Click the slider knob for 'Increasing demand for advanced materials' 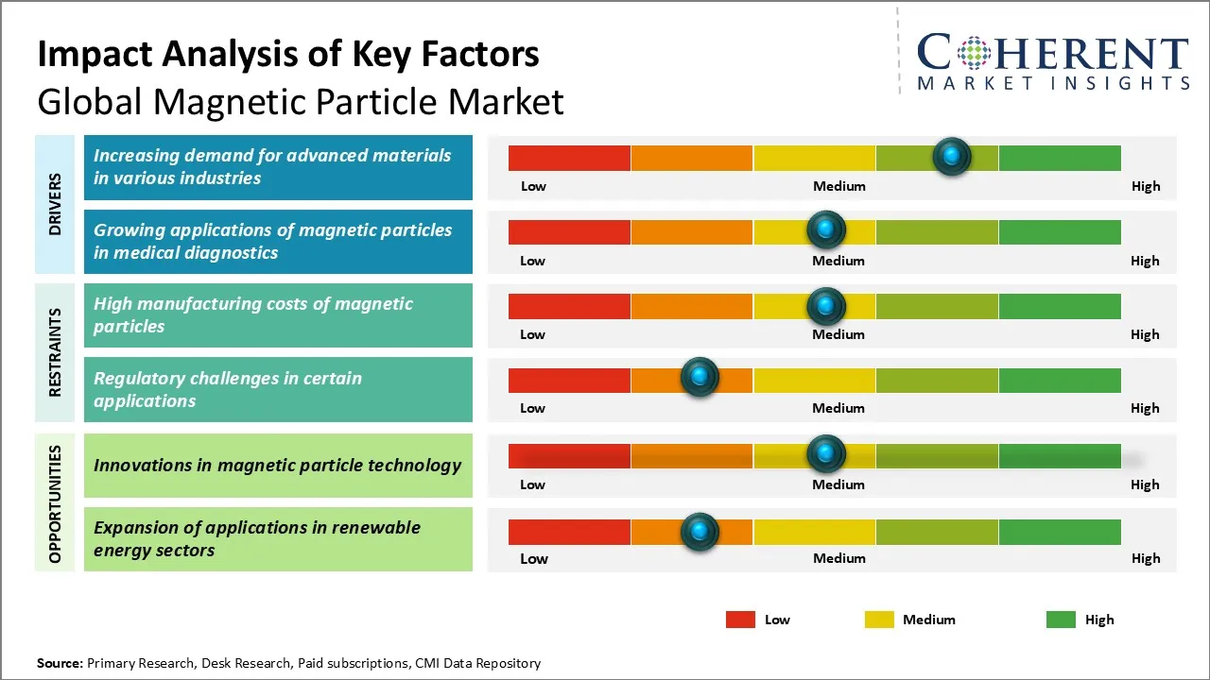[952, 156]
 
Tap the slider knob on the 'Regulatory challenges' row [700, 378]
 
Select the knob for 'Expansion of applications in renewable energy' [700, 531]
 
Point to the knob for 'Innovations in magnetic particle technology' [826, 454]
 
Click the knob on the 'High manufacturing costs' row [826, 305]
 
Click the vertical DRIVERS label [56, 205]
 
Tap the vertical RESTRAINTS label [56, 352]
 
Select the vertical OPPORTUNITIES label [56, 504]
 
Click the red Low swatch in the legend [740, 620]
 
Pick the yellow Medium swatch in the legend [879, 620]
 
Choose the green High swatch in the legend [1061, 620]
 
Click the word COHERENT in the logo [1053, 53]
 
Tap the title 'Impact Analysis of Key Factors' [288, 55]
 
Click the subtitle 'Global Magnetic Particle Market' [301, 101]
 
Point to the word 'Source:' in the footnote [60, 663]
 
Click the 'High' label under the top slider [1146, 186]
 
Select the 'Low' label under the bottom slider [534, 558]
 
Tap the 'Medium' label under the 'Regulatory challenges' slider [838, 408]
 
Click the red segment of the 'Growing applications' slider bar [569, 231]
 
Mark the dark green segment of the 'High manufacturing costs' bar [1059, 306]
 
